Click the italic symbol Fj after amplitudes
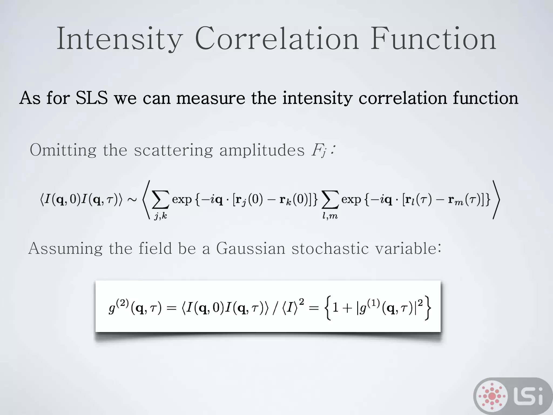coord(319,151)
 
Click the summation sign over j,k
coord(160,200)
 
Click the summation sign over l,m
coord(330,200)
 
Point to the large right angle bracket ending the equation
coord(496,200)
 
